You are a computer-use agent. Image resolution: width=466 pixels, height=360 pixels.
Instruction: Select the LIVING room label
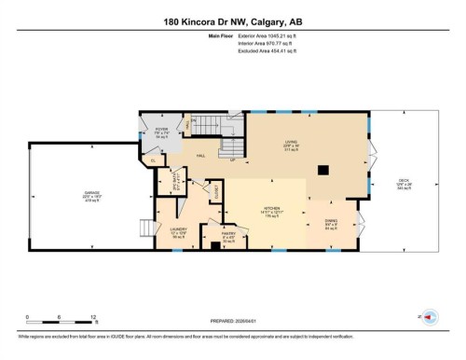291,144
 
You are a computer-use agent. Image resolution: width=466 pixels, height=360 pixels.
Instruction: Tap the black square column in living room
322,170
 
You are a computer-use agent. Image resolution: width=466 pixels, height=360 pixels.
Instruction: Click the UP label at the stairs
232,159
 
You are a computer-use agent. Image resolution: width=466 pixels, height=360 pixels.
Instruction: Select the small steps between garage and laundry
145,228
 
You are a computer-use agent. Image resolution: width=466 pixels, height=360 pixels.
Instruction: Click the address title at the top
232,21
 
